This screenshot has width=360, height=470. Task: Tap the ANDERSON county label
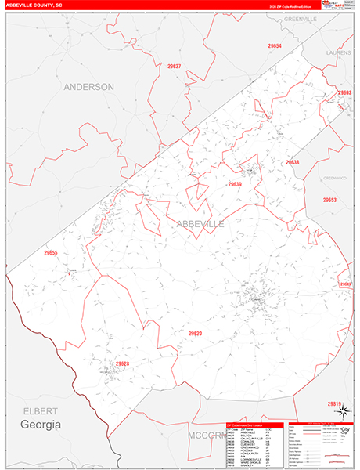[x=88, y=87]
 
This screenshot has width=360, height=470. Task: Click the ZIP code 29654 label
[x=274, y=47]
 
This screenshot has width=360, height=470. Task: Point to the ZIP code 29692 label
[x=344, y=92]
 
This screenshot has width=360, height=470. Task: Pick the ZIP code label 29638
[x=292, y=162]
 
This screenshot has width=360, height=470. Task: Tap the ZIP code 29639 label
[x=235, y=184]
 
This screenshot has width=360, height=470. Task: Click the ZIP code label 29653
[x=329, y=201]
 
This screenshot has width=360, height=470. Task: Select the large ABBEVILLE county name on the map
[x=200, y=224]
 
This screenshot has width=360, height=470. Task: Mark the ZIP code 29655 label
[x=52, y=253]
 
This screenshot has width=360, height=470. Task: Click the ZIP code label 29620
[x=195, y=334]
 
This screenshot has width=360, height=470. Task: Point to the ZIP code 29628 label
[x=122, y=364]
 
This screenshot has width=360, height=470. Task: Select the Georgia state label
[x=40, y=424]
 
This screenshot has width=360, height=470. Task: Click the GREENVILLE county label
[x=299, y=17]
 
